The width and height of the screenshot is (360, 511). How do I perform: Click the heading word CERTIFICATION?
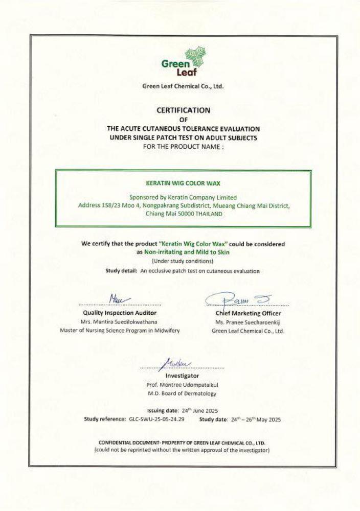tap(183, 109)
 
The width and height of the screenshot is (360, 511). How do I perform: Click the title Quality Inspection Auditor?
tap(120, 312)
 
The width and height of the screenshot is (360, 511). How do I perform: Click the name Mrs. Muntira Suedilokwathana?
tap(120, 322)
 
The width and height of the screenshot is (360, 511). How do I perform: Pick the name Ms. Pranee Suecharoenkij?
tap(247, 322)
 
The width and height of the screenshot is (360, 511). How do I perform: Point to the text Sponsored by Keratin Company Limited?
tap(183, 197)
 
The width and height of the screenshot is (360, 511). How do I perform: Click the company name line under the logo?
tap(183, 86)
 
